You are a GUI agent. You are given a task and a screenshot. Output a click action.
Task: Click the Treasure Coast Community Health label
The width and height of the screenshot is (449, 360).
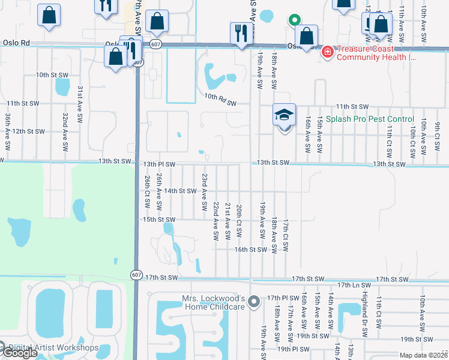376,54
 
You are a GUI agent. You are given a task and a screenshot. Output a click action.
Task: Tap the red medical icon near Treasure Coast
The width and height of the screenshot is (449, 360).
327,52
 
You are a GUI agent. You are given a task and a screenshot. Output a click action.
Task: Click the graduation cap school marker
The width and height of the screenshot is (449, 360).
285,114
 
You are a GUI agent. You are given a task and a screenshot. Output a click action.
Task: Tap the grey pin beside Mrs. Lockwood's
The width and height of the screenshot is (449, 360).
255,301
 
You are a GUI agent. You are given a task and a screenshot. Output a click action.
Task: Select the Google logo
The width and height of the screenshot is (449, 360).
19,353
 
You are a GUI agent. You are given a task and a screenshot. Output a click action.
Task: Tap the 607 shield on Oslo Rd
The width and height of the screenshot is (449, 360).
156,44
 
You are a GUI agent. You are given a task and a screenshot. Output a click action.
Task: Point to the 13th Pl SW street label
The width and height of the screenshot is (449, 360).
160,164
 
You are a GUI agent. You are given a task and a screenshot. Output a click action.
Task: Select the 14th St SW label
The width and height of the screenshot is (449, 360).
181,191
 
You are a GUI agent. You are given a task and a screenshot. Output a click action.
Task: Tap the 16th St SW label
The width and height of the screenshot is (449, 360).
250,249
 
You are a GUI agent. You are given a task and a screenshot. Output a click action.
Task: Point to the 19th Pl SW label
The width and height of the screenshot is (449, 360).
292,348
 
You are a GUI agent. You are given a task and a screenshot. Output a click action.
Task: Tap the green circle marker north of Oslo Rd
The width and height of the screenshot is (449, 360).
294,20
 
